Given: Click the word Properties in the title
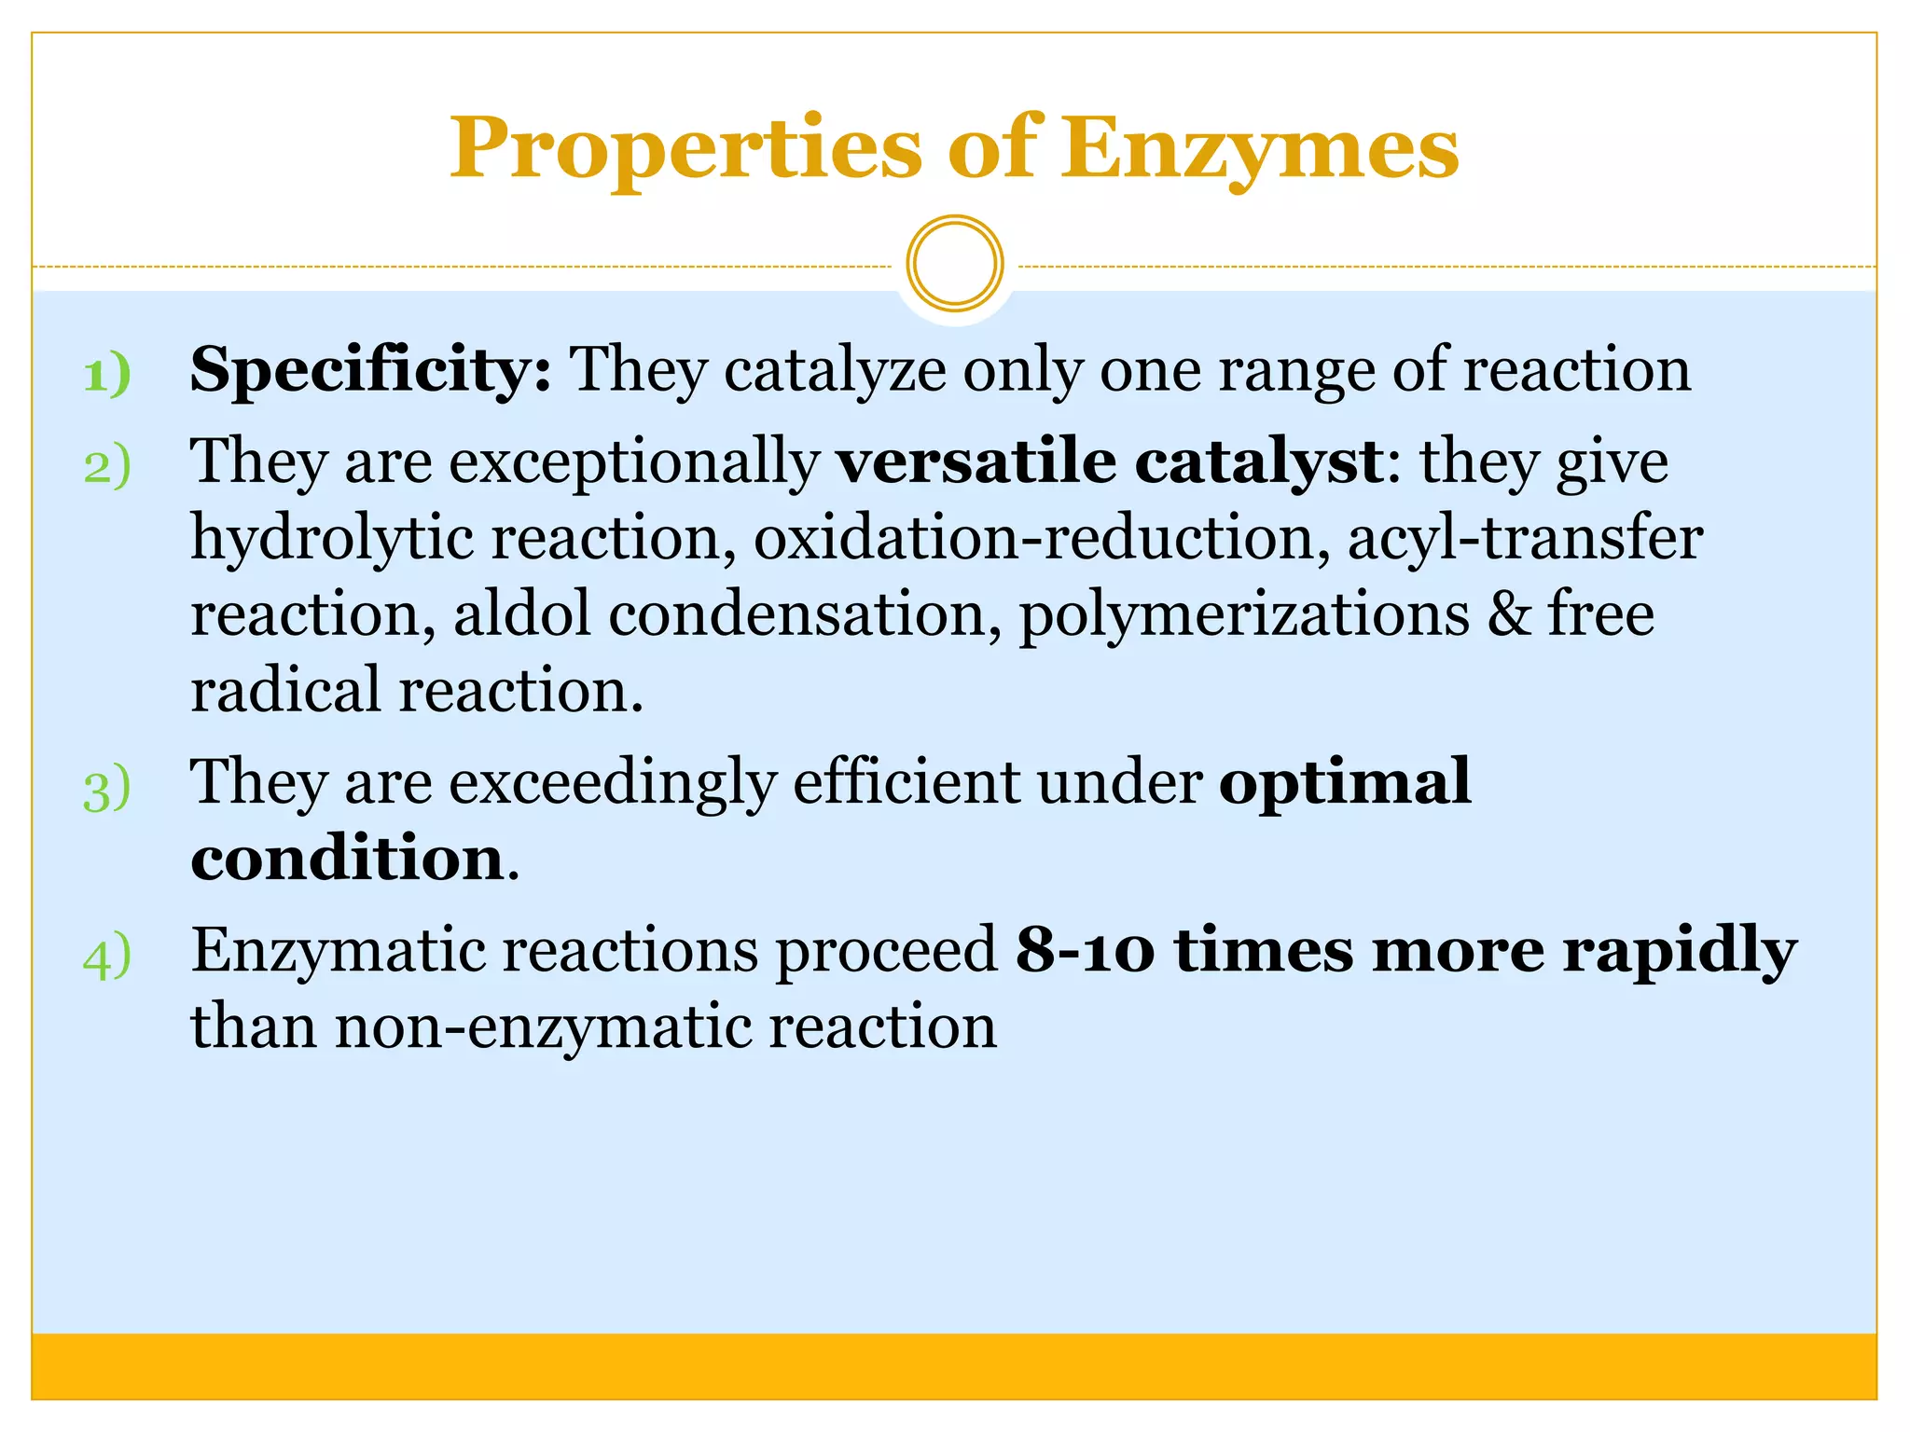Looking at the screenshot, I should [x=685, y=149].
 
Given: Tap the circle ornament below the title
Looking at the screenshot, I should [x=954, y=264].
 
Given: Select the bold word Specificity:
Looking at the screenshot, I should [x=370, y=371].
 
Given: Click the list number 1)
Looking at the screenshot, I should [x=107, y=375].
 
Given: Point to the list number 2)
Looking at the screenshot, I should [x=107, y=466].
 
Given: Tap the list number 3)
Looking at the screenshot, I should [x=107, y=790].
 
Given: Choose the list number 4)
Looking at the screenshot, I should [x=107, y=957].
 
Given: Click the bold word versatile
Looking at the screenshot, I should [x=976, y=461].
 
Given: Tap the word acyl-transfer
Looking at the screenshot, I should [x=1525, y=539].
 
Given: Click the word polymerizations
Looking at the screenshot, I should [x=1244, y=617].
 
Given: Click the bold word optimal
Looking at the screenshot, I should [x=1344, y=783].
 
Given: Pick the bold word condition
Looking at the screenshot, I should [x=348, y=858].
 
